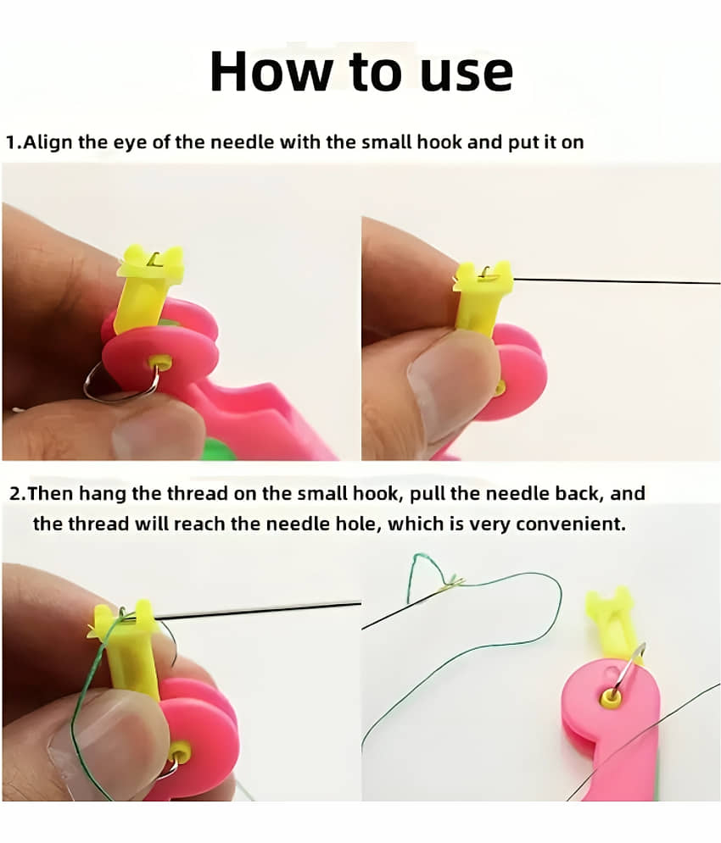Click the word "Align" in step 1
[x=48, y=143]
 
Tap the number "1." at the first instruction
[x=14, y=143]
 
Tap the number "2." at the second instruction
[x=18, y=494]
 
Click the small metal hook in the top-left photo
[x=154, y=259]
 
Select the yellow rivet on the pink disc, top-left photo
[x=160, y=361]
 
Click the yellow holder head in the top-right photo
[x=482, y=275]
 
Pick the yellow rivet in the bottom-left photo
[x=179, y=751]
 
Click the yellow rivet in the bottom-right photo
[x=612, y=698]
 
